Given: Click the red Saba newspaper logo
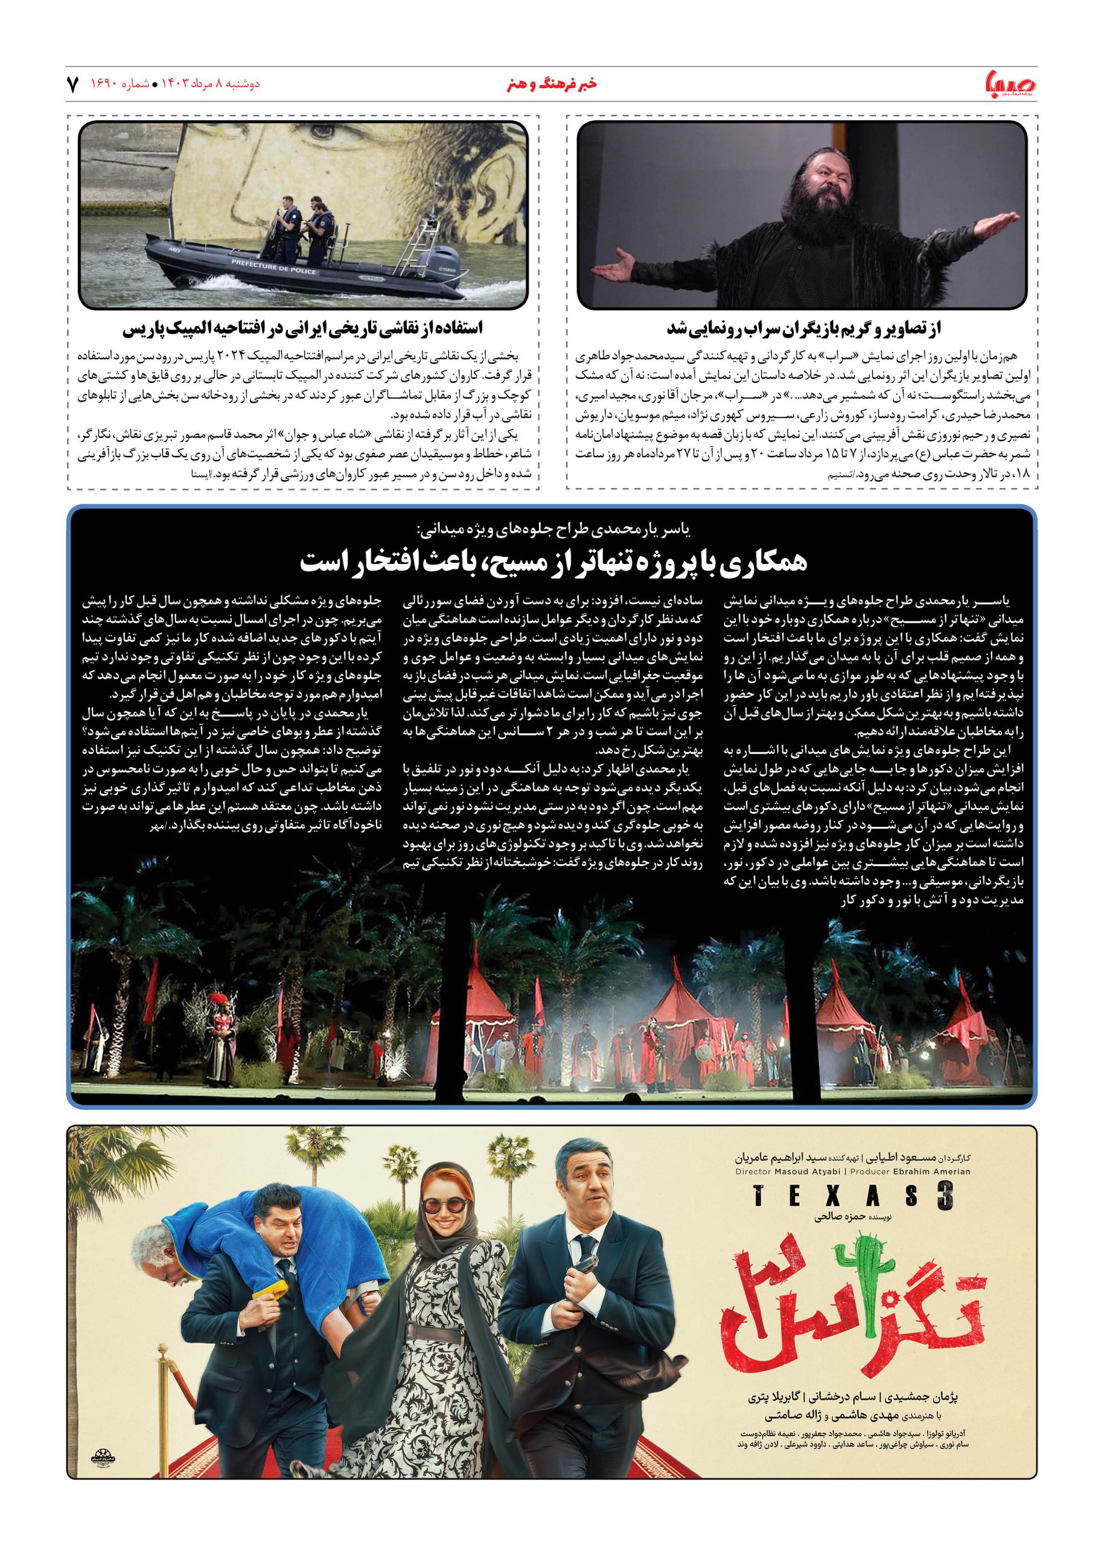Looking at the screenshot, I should click(x=1007, y=85).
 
